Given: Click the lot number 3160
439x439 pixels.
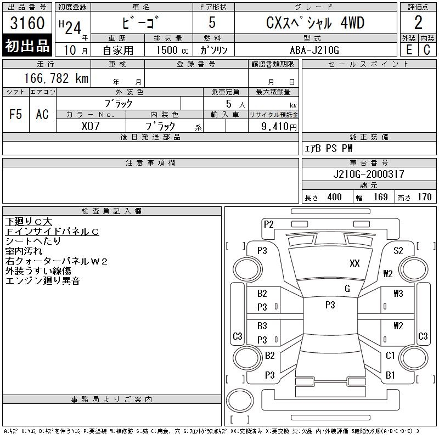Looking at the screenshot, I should [28, 23].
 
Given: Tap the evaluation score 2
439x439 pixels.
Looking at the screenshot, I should [418, 23].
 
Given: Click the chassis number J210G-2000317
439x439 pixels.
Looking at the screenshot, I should [368, 174].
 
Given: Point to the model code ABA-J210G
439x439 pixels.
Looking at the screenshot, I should [315, 49].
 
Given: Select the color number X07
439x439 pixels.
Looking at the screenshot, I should [91, 126].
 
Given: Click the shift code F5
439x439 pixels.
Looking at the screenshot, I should [16, 114].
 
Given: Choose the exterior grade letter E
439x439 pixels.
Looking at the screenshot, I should [409, 49].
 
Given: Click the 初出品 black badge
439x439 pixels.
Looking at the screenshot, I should [28, 46].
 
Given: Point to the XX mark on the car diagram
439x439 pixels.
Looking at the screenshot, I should [354, 263].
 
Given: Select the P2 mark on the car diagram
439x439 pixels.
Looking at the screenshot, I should [269, 224].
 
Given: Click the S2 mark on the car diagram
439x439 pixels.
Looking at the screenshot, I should [398, 250].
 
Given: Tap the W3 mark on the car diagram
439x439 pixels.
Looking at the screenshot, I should [398, 293].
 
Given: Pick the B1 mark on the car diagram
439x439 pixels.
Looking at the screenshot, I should [391, 375].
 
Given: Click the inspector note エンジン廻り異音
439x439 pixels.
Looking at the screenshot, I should [43, 281].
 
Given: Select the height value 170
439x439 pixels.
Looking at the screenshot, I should [424, 197].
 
